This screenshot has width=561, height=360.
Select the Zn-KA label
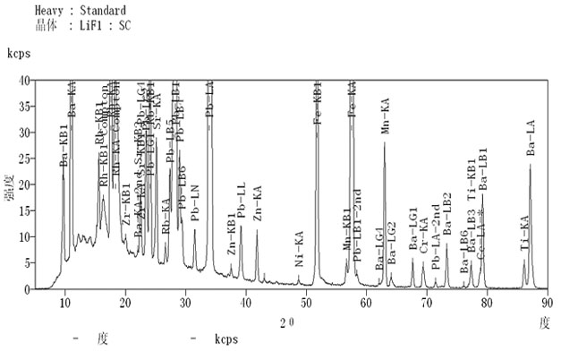click(258, 204)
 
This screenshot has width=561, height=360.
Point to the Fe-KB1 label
click(317, 100)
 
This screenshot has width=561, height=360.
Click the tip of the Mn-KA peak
click(385, 142)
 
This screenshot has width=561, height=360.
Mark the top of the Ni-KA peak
click(299, 277)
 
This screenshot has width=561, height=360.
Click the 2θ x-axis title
click(287, 321)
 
